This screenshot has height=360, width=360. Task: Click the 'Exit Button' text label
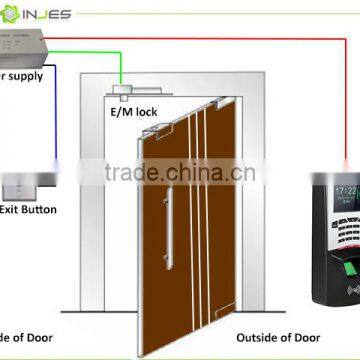coord(28,210)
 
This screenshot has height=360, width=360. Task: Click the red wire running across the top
coord(200,38)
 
